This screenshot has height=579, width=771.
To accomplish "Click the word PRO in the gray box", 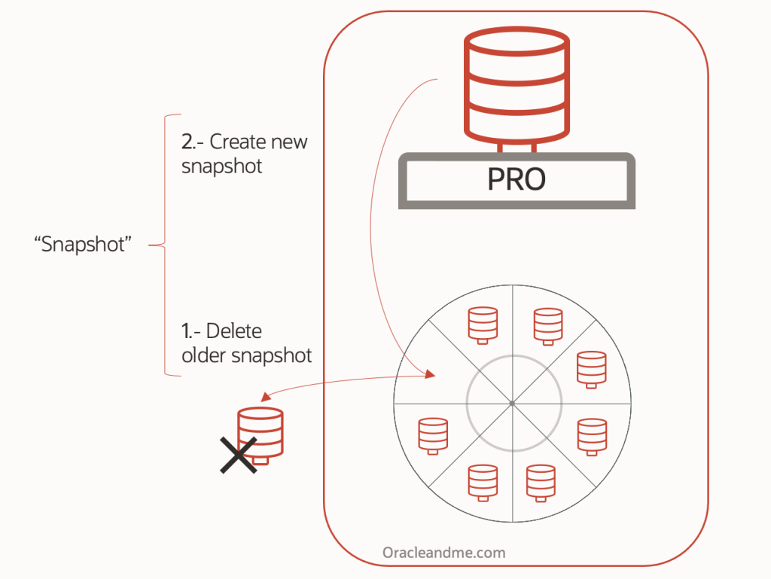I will click(x=516, y=179).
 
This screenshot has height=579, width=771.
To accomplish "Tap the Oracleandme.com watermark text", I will click(x=443, y=553).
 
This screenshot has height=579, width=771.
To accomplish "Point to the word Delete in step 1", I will click(x=233, y=331).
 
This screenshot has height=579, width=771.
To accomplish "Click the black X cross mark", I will click(x=239, y=455).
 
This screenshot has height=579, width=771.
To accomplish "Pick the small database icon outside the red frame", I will click(x=261, y=433).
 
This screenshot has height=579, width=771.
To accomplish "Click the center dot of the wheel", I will click(x=512, y=404).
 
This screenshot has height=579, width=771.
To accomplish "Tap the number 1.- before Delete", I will click(x=190, y=331).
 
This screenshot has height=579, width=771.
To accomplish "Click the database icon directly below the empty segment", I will click(x=433, y=435).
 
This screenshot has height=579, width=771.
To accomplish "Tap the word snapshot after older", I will click(x=271, y=355).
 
